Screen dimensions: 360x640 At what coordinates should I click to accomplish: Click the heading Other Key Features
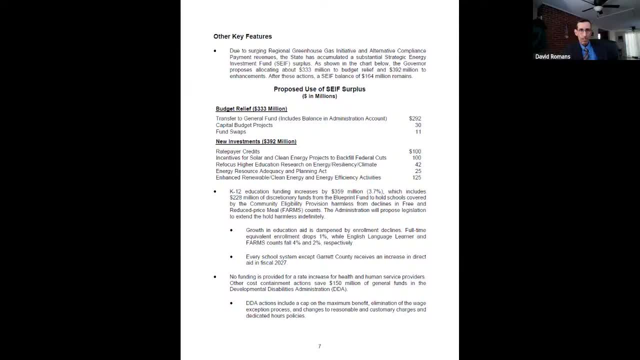click(x=242, y=36)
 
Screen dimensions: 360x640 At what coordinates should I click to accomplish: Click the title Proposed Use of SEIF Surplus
click(x=319, y=89)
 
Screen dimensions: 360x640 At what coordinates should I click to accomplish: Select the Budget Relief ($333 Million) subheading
click(x=251, y=108)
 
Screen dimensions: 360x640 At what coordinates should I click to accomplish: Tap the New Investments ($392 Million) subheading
click(x=256, y=141)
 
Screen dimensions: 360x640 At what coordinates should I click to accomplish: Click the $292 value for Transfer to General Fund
click(x=415, y=118)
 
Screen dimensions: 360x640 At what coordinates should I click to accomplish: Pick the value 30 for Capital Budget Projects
click(x=418, y=125)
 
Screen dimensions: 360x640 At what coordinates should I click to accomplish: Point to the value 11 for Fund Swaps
click(x=418, y=132)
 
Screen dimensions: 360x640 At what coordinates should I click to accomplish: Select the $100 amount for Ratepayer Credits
click(x=415, y=151)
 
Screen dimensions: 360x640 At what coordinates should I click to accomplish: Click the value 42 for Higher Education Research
click(x=418, y=164)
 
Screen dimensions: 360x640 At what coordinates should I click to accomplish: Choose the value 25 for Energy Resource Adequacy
click(x=418, y=171)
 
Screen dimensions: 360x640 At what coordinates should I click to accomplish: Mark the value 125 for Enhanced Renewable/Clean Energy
click(x=416, y=177)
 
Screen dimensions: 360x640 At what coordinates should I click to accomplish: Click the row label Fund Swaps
click(x=230, y=132)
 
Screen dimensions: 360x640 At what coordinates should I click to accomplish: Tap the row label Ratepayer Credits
click(x=237, y=151)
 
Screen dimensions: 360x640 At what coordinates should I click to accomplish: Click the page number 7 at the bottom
click(x=319, y=346)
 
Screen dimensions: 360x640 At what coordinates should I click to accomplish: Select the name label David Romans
click(x=552, y=56)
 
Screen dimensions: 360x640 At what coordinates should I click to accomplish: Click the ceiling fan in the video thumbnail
click(x=599, y=7)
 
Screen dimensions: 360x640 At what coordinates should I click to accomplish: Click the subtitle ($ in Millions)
click(x=319, y=96)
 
